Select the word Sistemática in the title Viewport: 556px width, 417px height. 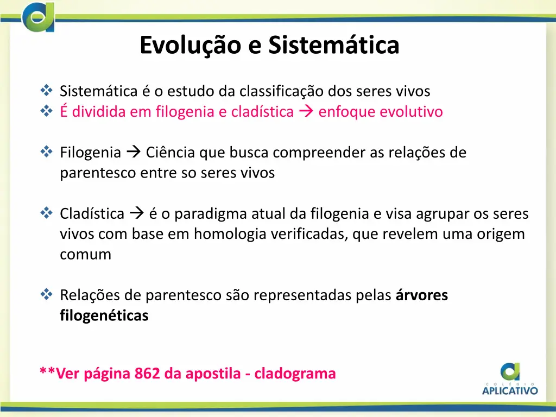[x=333, y=46]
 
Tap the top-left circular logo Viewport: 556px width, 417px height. [x=38, y=17]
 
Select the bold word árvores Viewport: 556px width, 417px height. [x=422, y=295]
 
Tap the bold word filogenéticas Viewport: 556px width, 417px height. [x=104, y=315]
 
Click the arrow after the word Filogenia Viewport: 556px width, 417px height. [x=134, y=153]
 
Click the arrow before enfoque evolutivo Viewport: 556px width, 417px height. [x=306, y=112]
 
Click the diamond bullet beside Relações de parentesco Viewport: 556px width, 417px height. [x=46, y=295]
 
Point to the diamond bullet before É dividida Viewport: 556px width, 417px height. [x=46, y=112]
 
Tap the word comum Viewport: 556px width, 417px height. [x=85, y=254]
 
